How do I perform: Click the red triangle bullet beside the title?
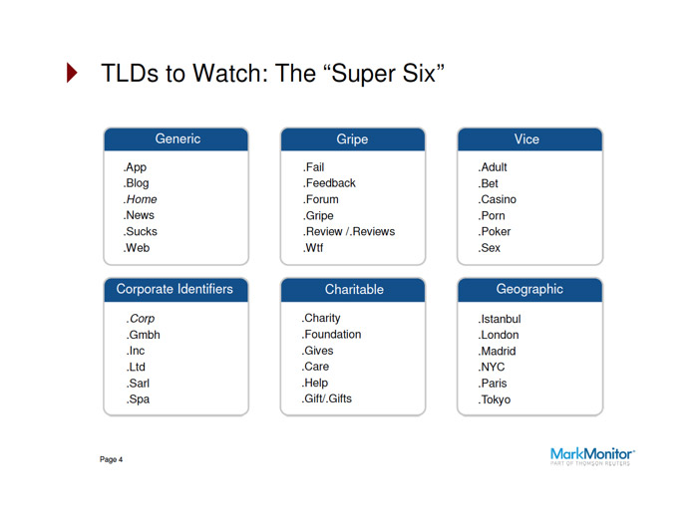72,74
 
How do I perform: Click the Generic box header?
176,139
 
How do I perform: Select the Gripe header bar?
352,139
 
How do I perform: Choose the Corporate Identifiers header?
175,290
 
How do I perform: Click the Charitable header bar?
353,290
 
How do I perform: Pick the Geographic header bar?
529,290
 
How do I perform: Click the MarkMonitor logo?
592,457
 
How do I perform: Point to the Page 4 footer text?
111,460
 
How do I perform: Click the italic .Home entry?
140,199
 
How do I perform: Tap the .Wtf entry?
315,247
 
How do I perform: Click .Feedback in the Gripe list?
329,183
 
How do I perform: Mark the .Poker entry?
495,231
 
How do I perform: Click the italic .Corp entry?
141,319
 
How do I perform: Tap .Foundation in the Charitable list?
332,335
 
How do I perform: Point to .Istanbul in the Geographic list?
500,319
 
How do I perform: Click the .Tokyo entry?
495,399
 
